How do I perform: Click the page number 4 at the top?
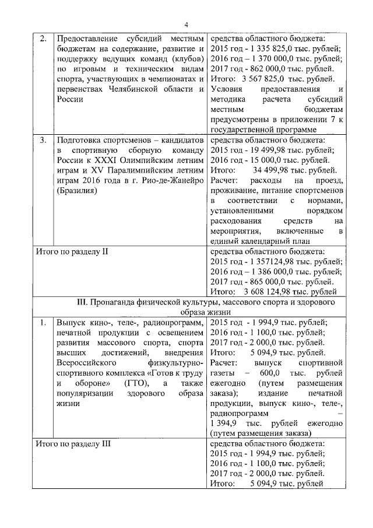[186, 24]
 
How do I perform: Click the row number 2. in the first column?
[43, 39]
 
